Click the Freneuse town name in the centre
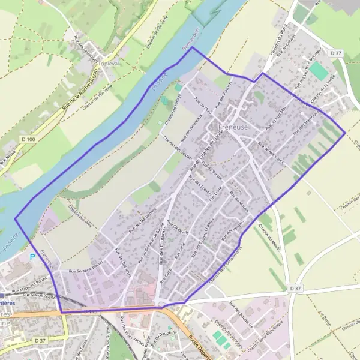(x=221, y=127)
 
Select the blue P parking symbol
(x=31, y=256)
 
